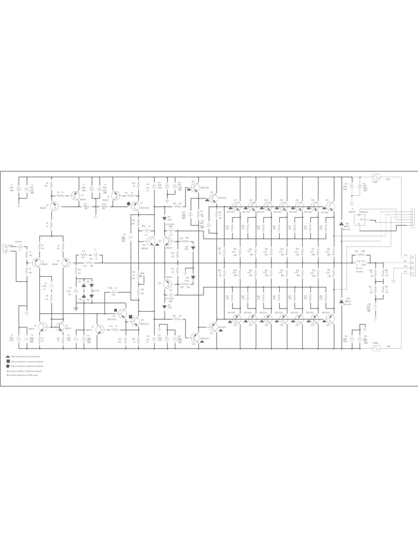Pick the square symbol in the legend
pyautogui.click(x=8, y=361)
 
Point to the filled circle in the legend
pyautogui.click(x=8, y=367)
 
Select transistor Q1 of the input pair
pyautogui.click(x=36, y=263)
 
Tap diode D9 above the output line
pyautogui.click(x=341, y=224)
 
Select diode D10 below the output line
pyautogui.click(x=341, y=300)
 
